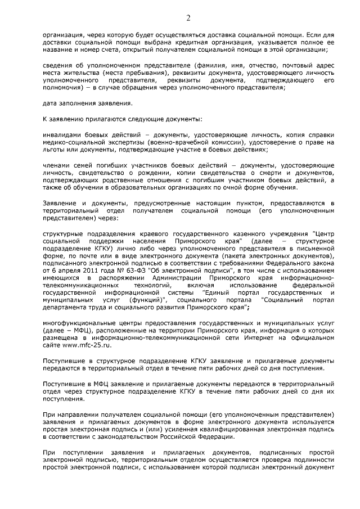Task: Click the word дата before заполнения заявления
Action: [52, 103]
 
